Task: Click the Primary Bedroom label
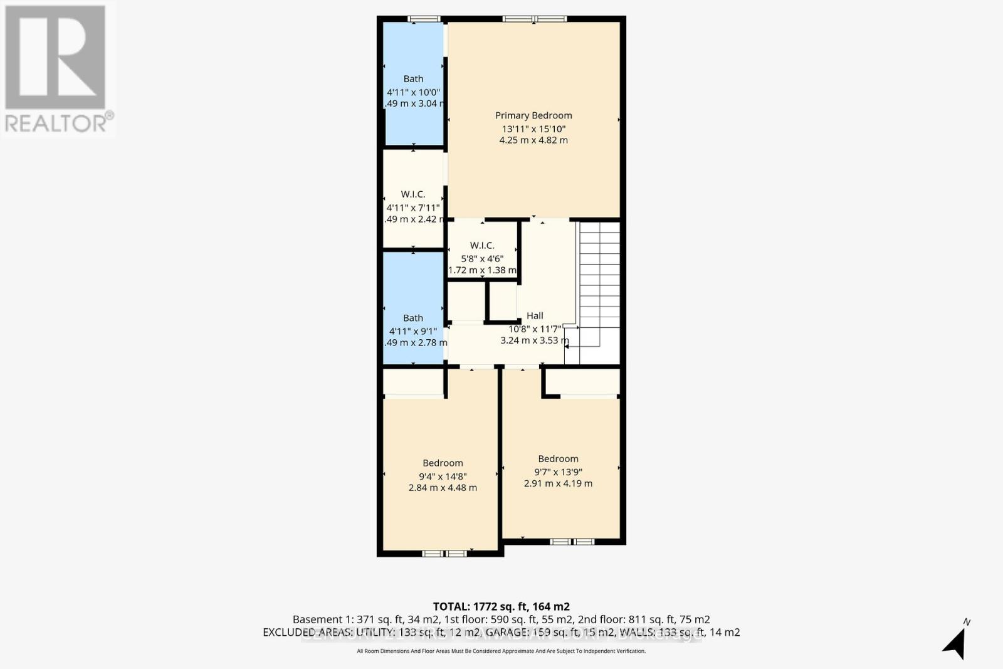click(x=533, y=115)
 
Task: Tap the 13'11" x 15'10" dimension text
click(x=533, y=129)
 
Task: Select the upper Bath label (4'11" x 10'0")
click(x=413, y=79)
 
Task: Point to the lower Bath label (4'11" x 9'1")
click(x=413, y=318)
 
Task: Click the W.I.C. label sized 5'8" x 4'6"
click(x=482, y=245)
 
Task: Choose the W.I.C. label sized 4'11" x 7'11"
click(x=413, y=194)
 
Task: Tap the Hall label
click(x=535, y=315)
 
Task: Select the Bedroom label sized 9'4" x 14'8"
click(x=443, y=463)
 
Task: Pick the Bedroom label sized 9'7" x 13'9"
click(x=558, y=458)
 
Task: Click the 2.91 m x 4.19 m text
click(x=558, y=483)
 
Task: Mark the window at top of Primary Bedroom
click(x=534, y=19)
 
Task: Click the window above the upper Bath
click(x=414, y=19)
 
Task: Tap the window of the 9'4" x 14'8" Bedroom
click(x=444, y=553)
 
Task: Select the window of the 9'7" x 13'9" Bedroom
click(x=572, y=541)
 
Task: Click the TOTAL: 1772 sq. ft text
click(x=501, y=606)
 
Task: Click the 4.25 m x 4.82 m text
click(x=533, y=140)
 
